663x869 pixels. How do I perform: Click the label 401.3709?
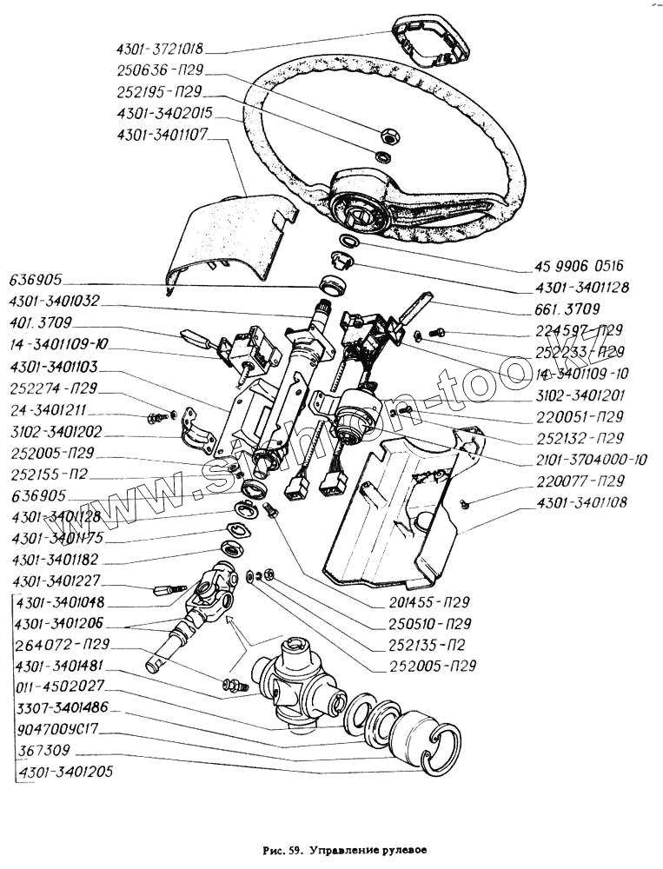44,322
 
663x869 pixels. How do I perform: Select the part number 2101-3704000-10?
591,460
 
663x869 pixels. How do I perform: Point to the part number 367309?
44,750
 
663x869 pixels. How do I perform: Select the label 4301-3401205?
65,771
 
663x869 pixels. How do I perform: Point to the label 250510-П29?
429,625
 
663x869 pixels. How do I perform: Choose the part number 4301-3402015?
162,114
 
